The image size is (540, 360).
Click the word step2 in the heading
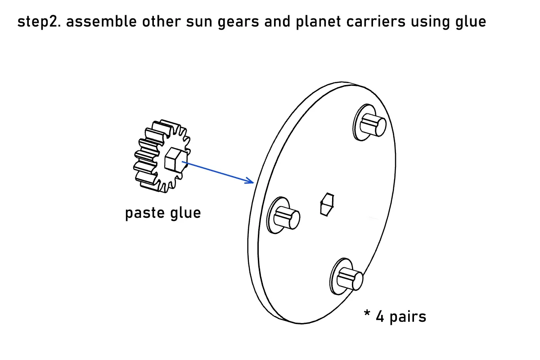[39, 22]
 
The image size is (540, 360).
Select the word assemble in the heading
[101, 21]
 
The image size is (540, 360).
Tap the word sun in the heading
[199, 22]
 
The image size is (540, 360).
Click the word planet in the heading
[318, 22]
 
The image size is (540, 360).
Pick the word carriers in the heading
[376, 22]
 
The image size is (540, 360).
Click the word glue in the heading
[471, 22]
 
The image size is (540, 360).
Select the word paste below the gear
[144, 213]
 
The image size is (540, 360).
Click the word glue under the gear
[185, 213]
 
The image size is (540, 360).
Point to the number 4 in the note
[380, 317]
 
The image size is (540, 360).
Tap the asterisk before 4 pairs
[367, 314]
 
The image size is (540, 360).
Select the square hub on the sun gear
[174, 160]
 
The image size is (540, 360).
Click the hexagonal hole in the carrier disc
[327, 204]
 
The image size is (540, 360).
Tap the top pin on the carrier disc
[373, 126]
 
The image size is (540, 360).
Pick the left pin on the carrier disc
[287, 217]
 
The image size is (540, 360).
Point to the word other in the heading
[161, 21]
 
